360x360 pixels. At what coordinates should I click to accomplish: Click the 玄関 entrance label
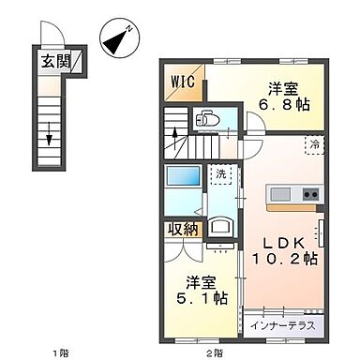tap(55, 63)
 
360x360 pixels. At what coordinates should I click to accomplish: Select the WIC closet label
tap(182, 81)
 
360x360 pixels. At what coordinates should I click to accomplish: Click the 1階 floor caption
tap(61, 352)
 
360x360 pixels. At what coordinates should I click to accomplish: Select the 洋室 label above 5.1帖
tap(200, 279)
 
